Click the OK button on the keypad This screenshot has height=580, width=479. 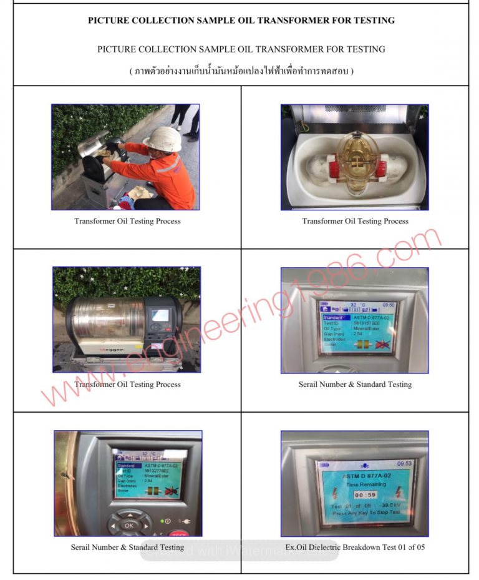128,525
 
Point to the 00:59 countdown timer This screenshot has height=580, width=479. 356,493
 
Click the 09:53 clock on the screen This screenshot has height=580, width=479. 404,464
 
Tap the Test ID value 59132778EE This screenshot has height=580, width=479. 159,470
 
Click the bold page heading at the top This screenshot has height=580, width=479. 241,21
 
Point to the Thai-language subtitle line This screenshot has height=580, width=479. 241,71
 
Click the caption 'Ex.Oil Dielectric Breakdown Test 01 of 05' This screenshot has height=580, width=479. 355,548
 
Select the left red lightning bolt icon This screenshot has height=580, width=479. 323,493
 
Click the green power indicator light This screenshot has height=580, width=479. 162,521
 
